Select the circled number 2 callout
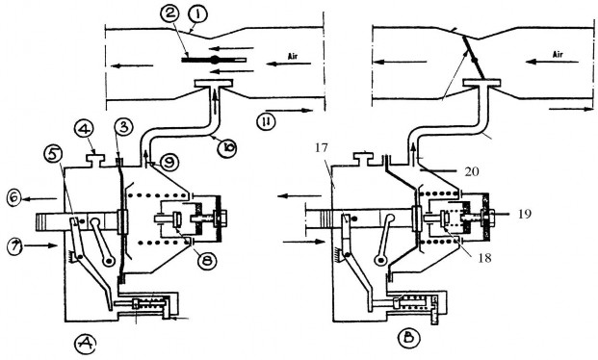tap(169, 14)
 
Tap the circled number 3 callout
tap(124, 127)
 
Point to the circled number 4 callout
tap(84, 128)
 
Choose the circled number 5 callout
tap(54, 154)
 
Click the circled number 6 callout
tap(14, 198)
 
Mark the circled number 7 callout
tap(14, 245)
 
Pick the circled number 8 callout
tap(207, 261)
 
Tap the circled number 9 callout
tap(169, 163)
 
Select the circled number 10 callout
tap(227, 148)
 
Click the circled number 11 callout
tap(266, 121)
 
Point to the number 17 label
tap(322, 147)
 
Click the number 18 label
tap(484, 258)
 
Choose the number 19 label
tap(525, 214)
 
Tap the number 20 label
tap(472, 171)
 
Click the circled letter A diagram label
tap(85, 344)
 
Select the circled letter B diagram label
tap(408, 338)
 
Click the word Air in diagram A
tap(293, 56)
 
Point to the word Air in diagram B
tap(558, 55)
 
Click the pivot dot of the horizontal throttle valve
tap(214, 60)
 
